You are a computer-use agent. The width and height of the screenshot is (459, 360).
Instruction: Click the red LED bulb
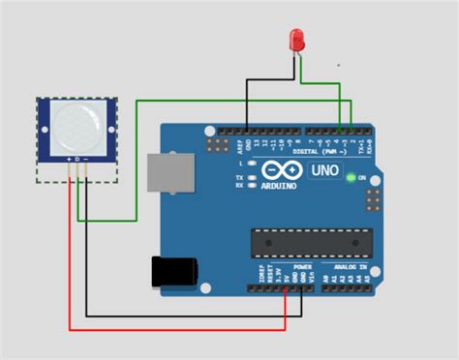(297, 40)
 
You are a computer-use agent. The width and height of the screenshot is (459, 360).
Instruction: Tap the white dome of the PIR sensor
(76, 126)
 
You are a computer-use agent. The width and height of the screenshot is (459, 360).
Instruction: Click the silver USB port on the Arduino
(169, 173)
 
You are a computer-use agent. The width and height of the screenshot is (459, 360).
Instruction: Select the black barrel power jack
(174, 271)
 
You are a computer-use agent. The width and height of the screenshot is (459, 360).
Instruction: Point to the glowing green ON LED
(350, 177)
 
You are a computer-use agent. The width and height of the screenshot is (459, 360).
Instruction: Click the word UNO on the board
(324, 170)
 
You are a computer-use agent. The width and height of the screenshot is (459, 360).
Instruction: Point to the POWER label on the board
(302, 265)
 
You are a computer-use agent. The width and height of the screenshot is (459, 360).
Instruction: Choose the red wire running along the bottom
(174, 327)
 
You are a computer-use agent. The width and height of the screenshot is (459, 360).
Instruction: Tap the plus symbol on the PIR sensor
(68, 158)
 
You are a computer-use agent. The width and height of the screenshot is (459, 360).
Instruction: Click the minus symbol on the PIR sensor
(86, 158)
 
